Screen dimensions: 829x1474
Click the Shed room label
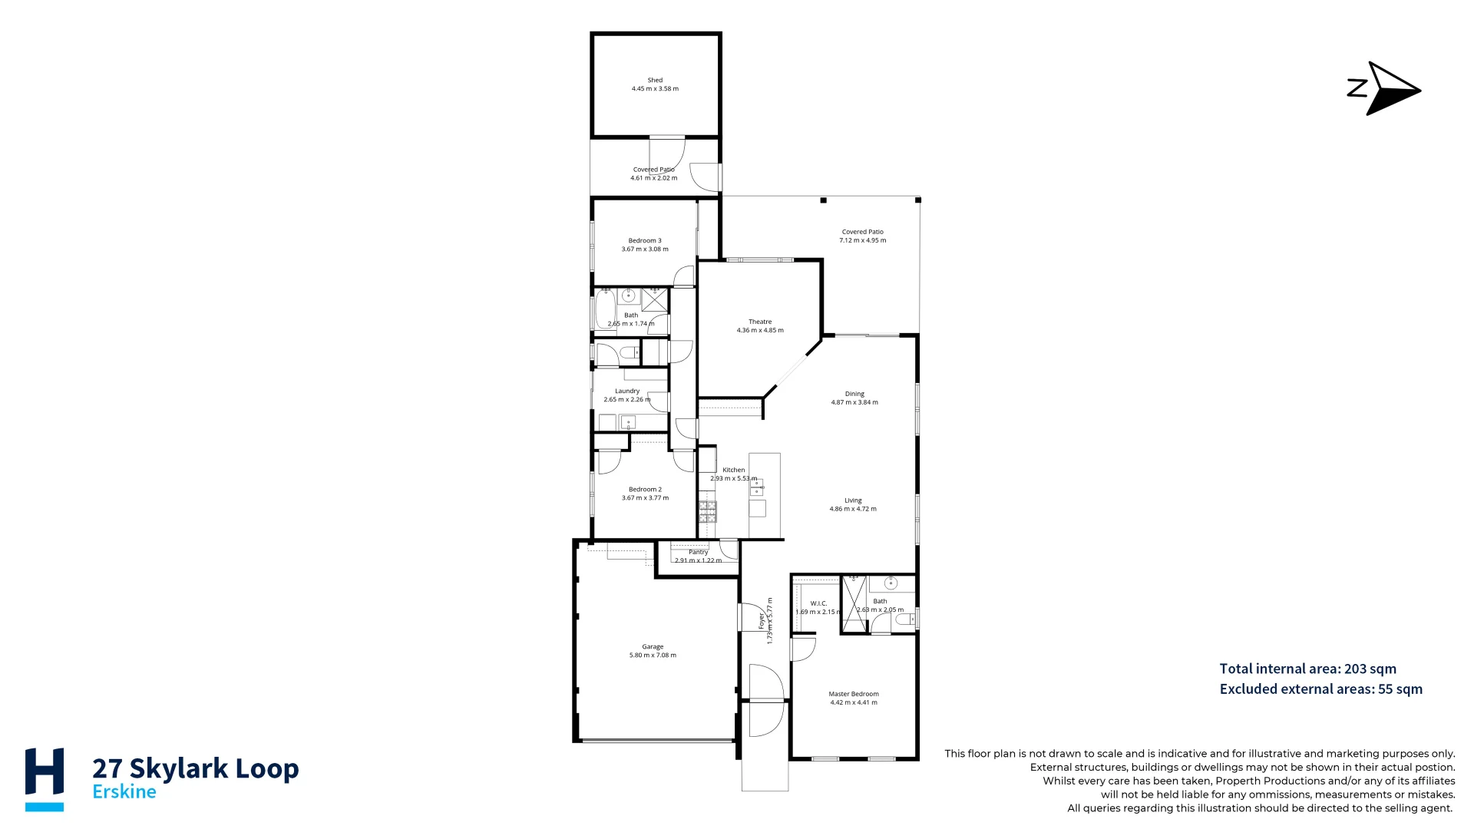655,80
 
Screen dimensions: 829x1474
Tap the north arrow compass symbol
1384,89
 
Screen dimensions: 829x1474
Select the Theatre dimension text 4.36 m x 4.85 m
760,331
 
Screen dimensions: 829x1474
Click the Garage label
653,646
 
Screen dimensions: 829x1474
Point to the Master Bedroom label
854,694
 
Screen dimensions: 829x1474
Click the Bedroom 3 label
645,240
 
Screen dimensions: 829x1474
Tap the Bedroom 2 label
645,489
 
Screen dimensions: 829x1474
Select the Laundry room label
627,391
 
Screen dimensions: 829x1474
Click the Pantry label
699,552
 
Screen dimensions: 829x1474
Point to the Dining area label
854,394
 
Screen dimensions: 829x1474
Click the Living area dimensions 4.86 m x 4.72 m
853,509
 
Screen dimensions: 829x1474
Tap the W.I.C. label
818,603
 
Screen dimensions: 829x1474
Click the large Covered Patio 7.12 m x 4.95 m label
863,236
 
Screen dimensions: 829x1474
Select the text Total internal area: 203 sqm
1307,669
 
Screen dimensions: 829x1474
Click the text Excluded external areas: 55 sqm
1320,689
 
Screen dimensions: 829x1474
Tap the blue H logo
45,778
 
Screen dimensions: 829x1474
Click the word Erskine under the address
124,792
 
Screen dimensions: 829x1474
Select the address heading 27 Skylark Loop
195,768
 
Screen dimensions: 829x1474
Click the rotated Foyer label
762,620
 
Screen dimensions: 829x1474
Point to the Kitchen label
733,470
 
